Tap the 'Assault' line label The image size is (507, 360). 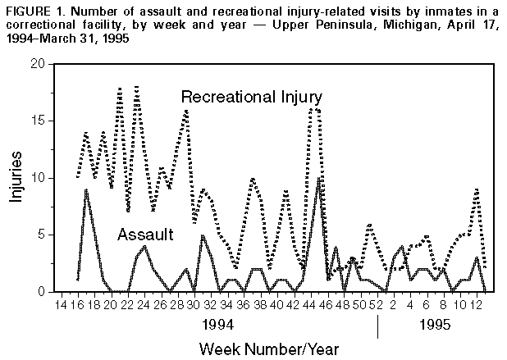pos(145,235)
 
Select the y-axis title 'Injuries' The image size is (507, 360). pos(16,178)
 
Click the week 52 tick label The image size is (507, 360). pos(376,305)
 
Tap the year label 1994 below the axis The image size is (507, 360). pos(218,325)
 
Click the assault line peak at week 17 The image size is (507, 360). pos(86,189)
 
